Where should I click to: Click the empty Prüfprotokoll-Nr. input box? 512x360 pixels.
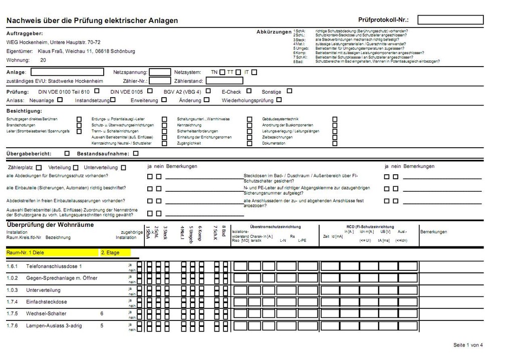tap(450, 20)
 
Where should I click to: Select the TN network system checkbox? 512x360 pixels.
tap(222, 72)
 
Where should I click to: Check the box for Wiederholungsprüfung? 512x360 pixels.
tap(279, 100)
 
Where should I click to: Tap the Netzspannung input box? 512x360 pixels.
tap(160, 72)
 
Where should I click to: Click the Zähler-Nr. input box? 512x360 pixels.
tap(160, 81)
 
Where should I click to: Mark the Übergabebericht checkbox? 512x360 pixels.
tap(67, 153)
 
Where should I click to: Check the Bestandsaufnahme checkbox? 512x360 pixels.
tap(136, 153)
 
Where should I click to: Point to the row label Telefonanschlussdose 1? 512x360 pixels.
tap(54, 266)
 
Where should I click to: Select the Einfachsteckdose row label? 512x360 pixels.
tap(47, 302)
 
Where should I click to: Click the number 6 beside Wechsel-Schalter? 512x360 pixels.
tap(102, 314)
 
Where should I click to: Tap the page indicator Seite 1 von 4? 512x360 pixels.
tap(468, 345)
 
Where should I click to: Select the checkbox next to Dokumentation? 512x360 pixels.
tap(335, 143)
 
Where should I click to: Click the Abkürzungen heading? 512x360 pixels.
tap(274, 32)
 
